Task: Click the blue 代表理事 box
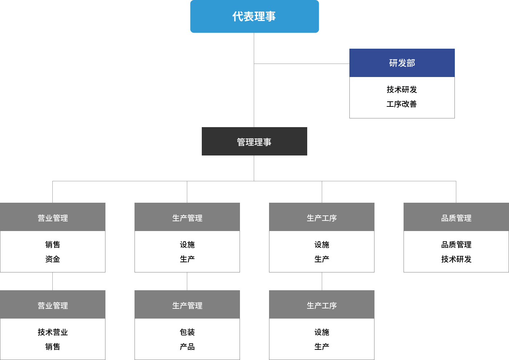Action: click(254, 16)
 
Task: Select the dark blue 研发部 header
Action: click(402, 63)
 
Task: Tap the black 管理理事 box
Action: click(254, 141)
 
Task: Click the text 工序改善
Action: click(402, 104)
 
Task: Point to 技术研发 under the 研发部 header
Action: click(402, 89)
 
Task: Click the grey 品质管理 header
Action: click(456, 217)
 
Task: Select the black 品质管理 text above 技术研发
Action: click(456, 244)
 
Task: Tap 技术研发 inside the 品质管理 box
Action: click(456, 259)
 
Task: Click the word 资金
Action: click(52, 259)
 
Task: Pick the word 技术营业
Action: click(52, 332)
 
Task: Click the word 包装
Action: click(187, 332)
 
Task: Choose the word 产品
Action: click(187, 347)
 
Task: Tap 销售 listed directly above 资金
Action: click(52, 244)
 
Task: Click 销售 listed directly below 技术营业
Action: click(52, 347)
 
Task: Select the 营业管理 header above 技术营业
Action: click(53, 304)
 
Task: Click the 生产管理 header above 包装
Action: click(187, 304)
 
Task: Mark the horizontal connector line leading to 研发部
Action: click(302, 64)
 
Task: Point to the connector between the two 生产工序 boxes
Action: click(322, 281)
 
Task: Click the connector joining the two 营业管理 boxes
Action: click(52, 281)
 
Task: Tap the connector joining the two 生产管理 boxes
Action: click(187, 281)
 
